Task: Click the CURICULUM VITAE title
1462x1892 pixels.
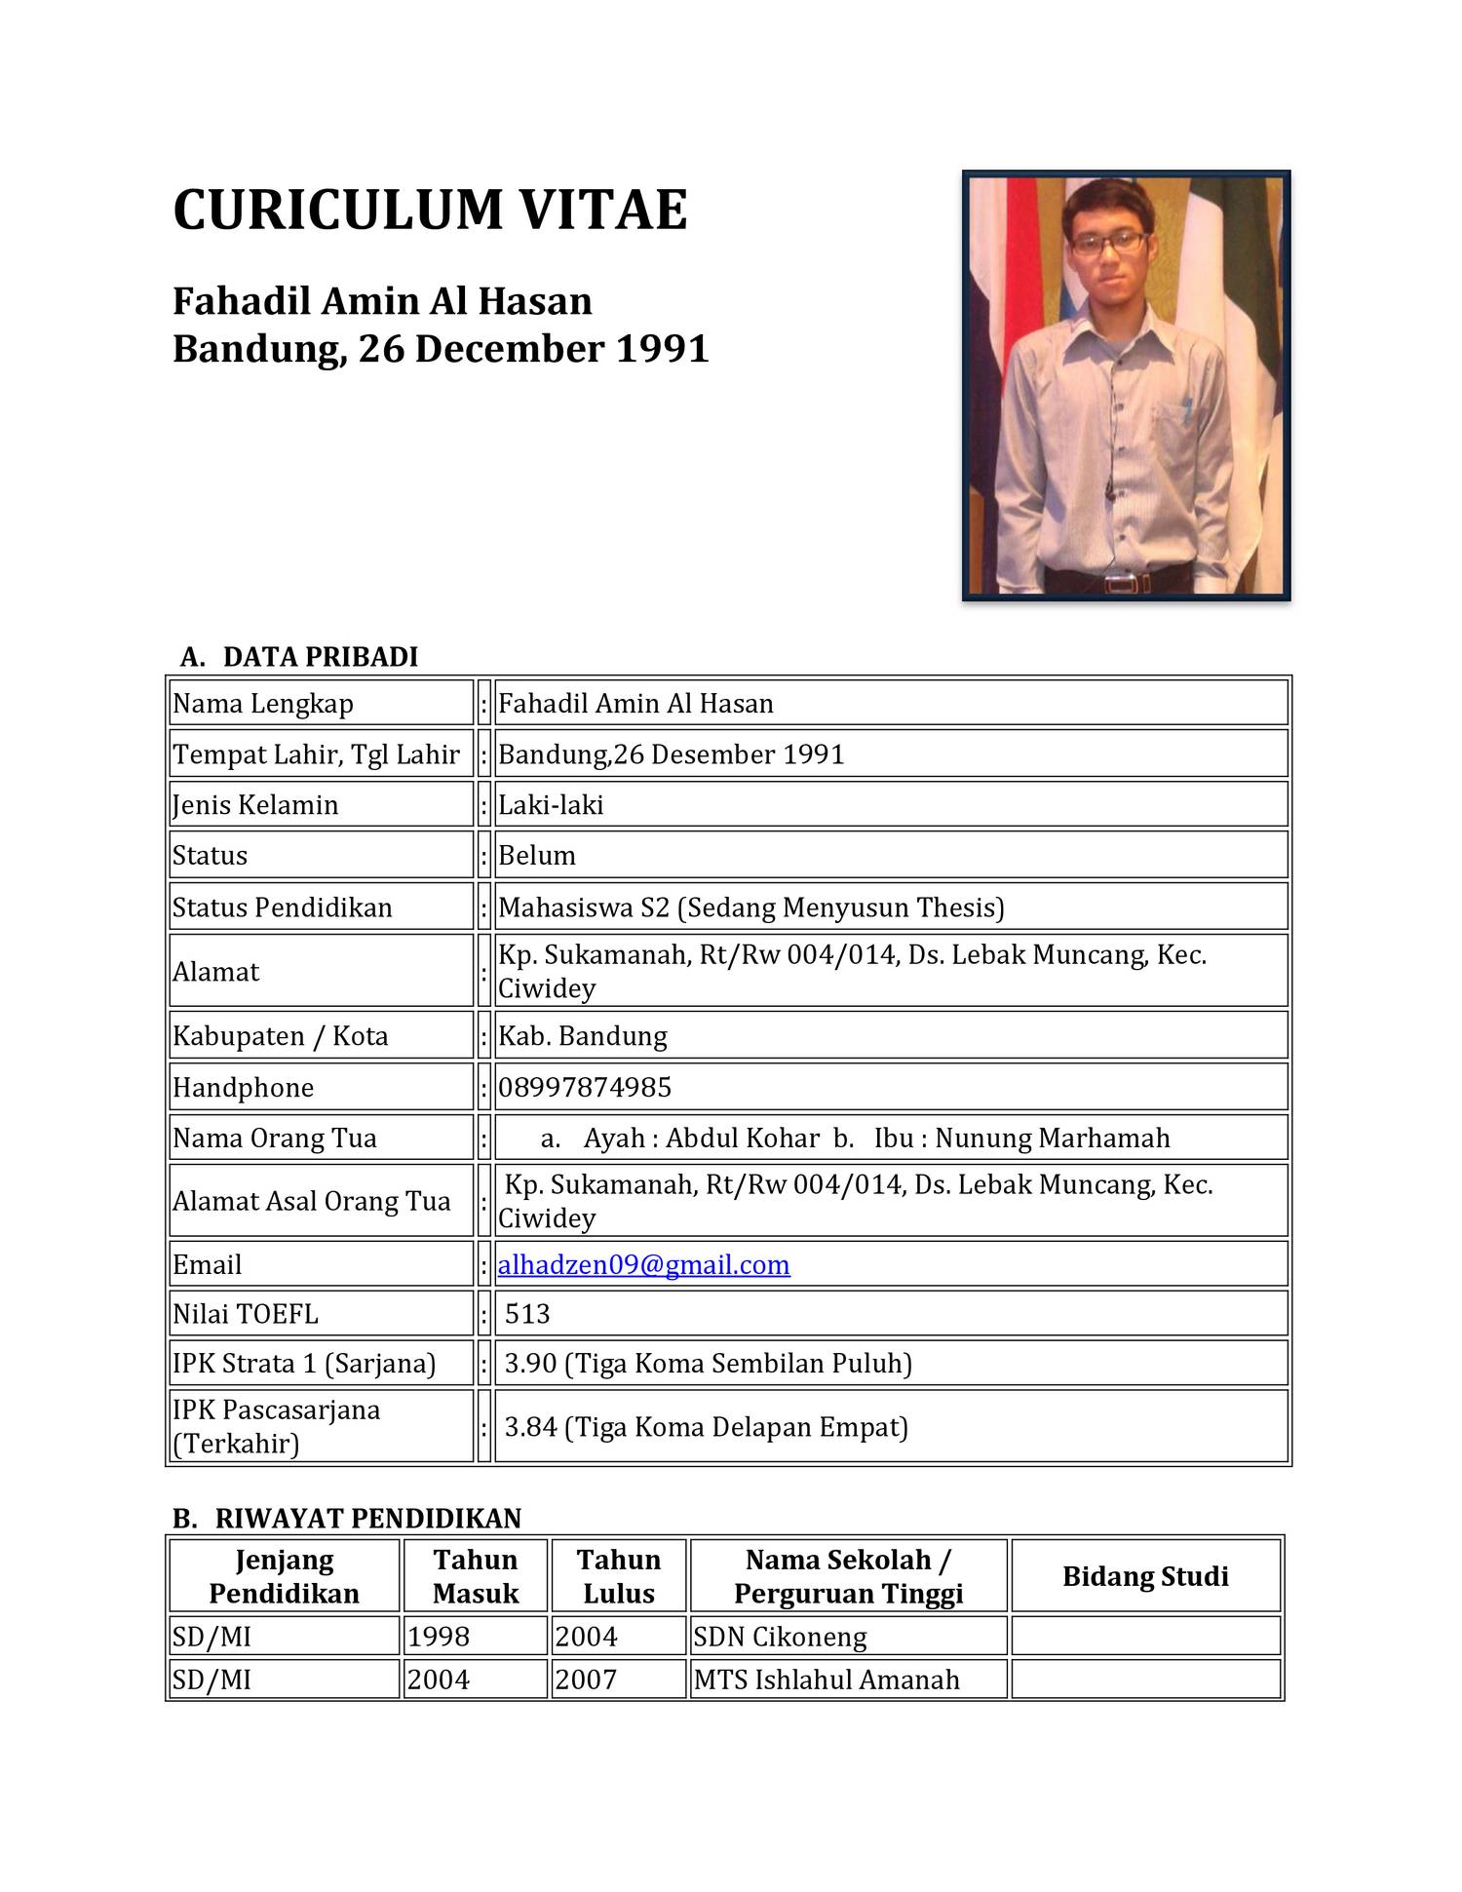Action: tap(430, 211)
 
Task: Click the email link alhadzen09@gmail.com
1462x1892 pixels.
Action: tap(643, 1264)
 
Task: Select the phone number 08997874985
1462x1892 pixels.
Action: tap(585, 1087)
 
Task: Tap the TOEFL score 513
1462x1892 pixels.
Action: tap(527, 1314)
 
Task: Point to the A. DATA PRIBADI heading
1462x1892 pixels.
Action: tap(299, 657)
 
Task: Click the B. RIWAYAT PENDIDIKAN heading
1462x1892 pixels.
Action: tap(347, 1518)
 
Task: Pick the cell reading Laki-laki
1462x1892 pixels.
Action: tap(551, 805)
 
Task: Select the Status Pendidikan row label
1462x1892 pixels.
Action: tap(283, 907)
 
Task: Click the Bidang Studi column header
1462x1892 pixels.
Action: tap(1145, 1576)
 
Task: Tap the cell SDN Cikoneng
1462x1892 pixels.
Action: tap(780, 1637)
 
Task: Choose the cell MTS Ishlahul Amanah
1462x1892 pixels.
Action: tap(827, 1680)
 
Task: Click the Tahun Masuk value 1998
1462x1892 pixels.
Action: tap(439, 1637)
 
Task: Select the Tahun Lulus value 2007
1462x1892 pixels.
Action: tap(586, 1680)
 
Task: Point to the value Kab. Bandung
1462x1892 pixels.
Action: tap(583, 1035)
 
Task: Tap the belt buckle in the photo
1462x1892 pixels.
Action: tap(1120, 584)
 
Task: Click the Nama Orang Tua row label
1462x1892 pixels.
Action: tap(275, 1139)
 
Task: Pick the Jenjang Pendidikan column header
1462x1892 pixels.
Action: tap(284, 1576)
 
